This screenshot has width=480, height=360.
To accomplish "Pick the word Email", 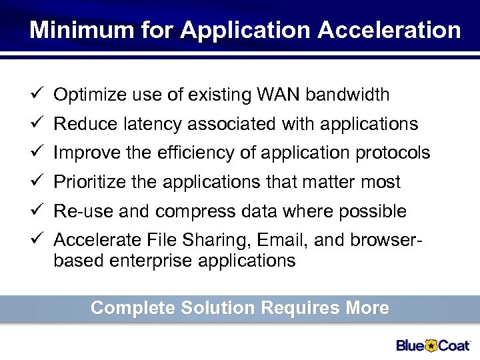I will [275, 241].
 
